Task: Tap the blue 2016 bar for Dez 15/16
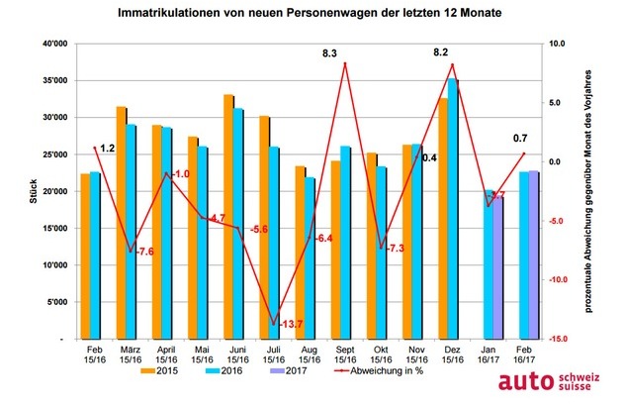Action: click(x=453, y=209)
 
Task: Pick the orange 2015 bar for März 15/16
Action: click(x=122, y=223)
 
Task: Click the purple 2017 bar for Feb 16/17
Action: click(x=533, y=255)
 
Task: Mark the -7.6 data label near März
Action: click(x=145, y=252)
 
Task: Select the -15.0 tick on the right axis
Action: click(x=560, y=339)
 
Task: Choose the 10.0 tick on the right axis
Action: click(x=560, y=45)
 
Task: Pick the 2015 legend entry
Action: click(x=158, y=372)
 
